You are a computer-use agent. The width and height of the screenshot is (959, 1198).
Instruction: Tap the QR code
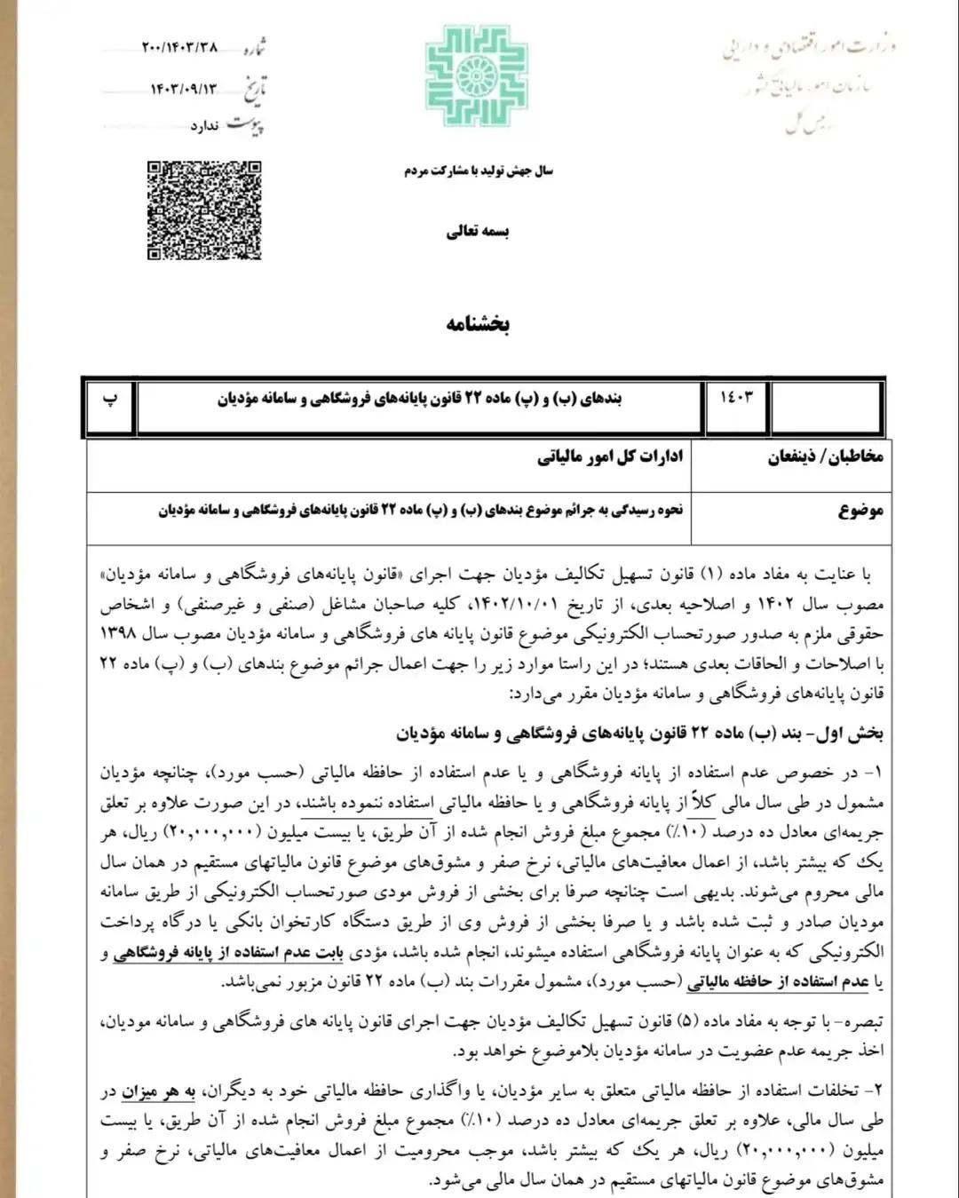(204, 210)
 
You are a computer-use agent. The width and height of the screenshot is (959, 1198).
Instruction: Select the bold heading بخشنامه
(478, 323)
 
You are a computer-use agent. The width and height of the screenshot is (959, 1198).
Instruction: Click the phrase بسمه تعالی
(478, 232)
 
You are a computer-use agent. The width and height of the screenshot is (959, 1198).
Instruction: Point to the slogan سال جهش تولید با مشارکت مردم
(478, 171)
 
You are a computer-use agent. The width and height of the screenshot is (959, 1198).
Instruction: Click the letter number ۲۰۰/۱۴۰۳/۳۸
(179, 47)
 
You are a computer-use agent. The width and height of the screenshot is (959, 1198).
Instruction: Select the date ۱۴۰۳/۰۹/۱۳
(184, 89)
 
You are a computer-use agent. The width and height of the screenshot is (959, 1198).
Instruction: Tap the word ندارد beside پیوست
(204, 126)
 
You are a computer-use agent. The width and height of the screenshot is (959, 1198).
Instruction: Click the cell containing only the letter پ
(110, 400)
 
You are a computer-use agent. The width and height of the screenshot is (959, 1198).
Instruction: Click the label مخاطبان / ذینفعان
(825, 456)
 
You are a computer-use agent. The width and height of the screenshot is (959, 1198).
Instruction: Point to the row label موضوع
(860, 511)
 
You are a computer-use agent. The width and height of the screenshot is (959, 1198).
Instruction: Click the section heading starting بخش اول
(639, 734)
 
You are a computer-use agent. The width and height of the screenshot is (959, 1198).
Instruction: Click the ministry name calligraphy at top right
(808, 49)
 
